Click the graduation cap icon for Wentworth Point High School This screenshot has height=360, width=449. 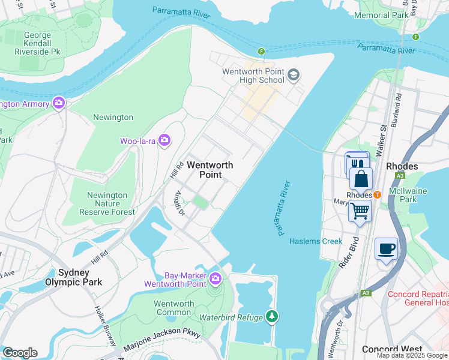(x=294, y=75)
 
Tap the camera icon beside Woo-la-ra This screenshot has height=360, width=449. (x=164, y=141)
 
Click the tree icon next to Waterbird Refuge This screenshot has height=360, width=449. (x=272, y=316)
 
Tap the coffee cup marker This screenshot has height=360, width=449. (x=385, y=248)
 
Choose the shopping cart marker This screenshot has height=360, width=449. (x=359, y=211)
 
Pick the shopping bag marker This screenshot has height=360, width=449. (x=361, y=178)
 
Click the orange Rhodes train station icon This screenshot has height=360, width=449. (x=377, y=194)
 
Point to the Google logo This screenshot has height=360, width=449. (x=19, y=353)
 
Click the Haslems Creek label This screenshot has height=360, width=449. (x=316, y=241)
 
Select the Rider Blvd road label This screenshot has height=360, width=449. (x=349, y=252)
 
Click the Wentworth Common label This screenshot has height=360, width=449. (x=174, y=308)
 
